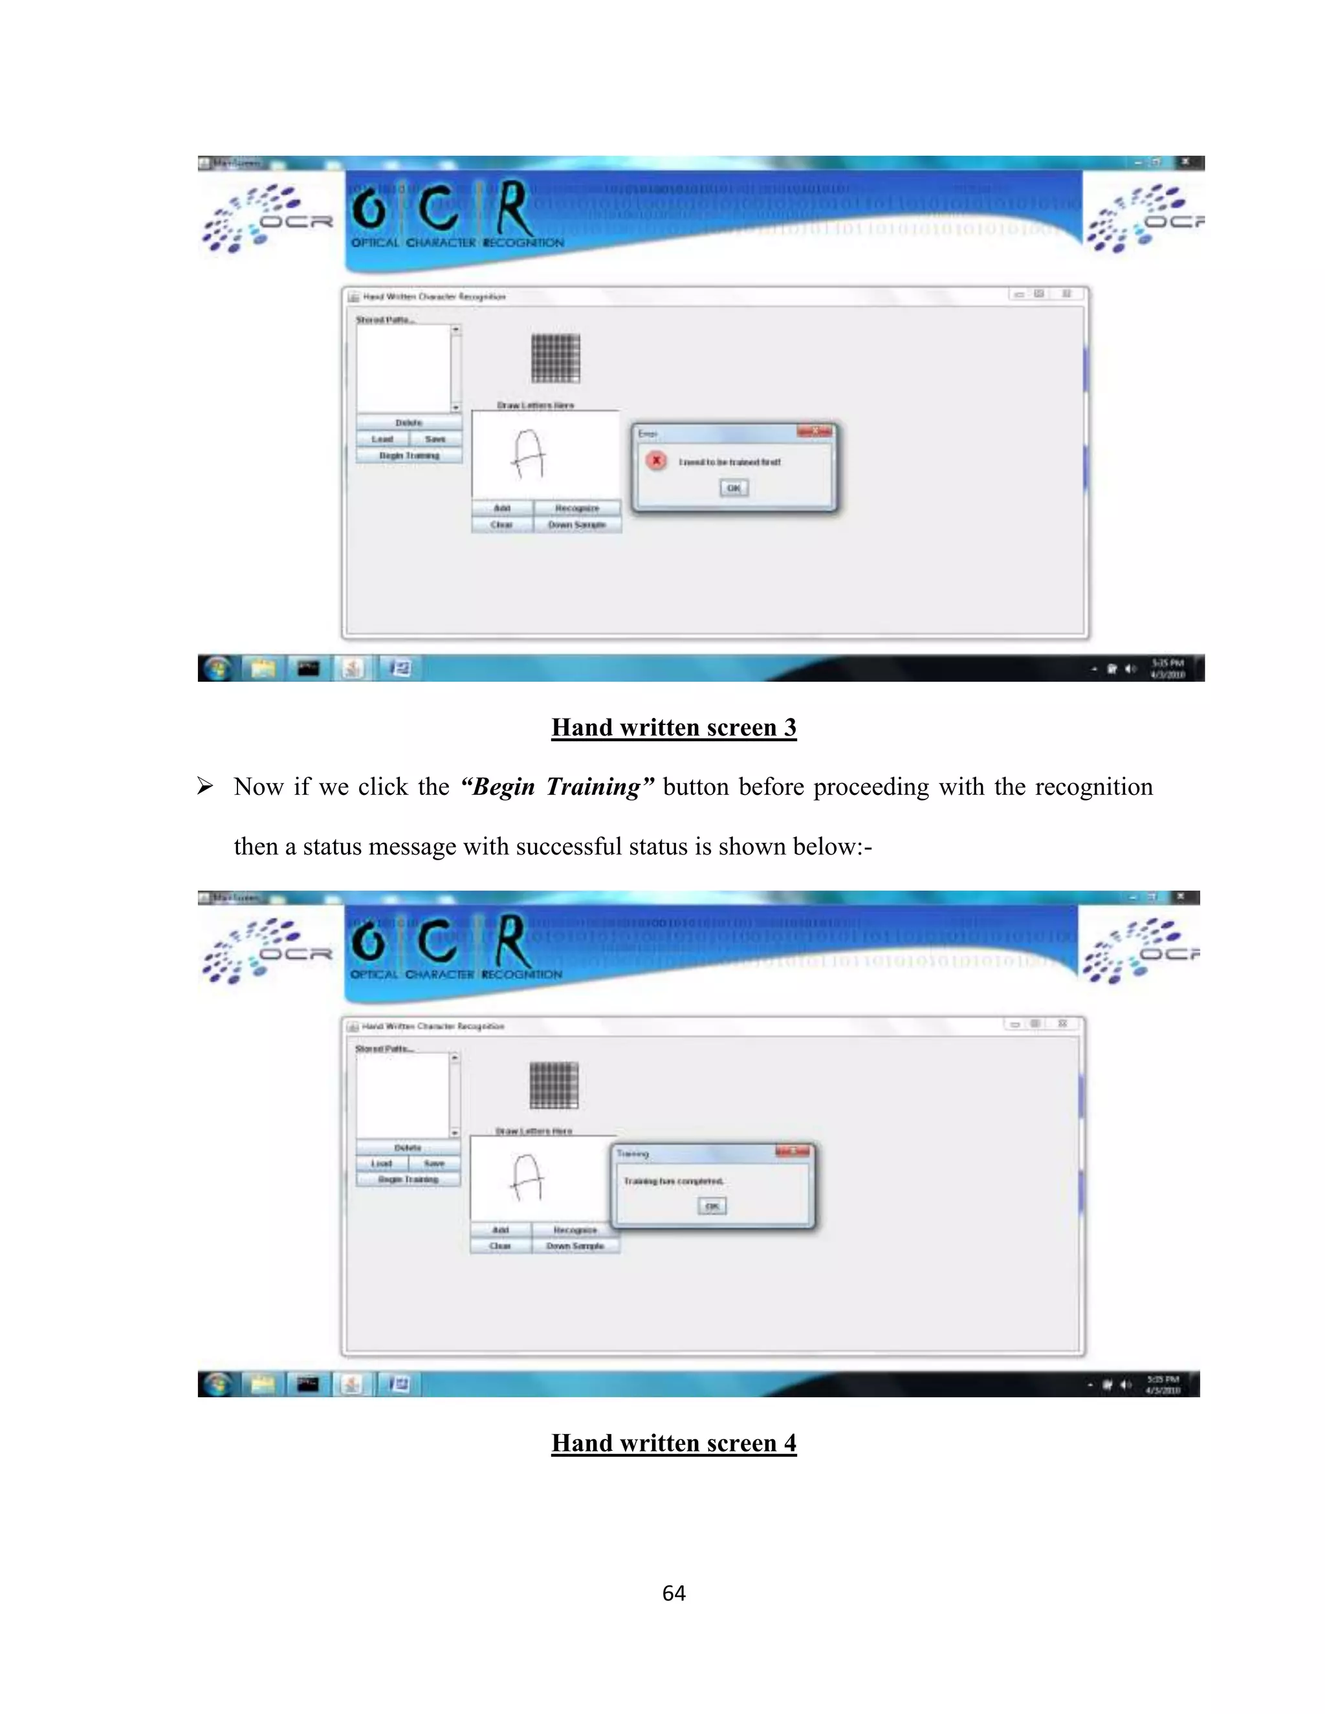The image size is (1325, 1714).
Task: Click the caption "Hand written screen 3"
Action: (673, 728)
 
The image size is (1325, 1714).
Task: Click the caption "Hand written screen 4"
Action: (673, 1443)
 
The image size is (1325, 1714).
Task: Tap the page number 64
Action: (673, 1593)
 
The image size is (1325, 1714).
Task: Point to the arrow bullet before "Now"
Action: (205, 786)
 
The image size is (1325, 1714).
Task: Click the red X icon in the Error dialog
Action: (656, 461)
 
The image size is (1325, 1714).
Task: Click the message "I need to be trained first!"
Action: (730, 462)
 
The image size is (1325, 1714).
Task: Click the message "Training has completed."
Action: (673, 1181)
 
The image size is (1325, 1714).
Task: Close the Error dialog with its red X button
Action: (815, 431)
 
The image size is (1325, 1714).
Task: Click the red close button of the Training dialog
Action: (793, 1151)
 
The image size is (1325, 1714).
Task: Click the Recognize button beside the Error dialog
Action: (577, 508)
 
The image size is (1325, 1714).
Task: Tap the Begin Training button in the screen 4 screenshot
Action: (408, 1180)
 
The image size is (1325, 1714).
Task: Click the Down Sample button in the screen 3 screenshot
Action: (577, 525)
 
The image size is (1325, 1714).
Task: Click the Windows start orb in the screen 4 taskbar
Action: (218, 1383)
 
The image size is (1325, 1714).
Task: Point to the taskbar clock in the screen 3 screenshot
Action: (1167, 669)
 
